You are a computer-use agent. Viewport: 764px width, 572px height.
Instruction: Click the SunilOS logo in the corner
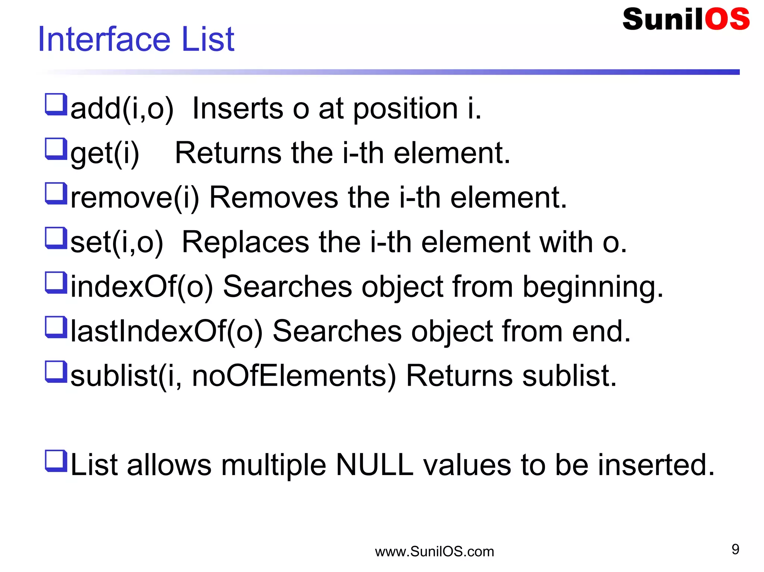click(686, 19)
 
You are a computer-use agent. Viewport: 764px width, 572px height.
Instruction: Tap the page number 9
click(735, 549)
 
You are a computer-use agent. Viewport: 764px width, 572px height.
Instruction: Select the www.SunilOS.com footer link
click(434, 552)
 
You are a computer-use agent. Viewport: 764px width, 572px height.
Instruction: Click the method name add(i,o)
click(122, 109)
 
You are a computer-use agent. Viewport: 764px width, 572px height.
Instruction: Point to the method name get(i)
click(105, 154)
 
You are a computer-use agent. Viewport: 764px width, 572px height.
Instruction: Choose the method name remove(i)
click(135, 197)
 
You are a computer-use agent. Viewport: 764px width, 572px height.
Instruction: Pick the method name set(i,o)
click(117, 242)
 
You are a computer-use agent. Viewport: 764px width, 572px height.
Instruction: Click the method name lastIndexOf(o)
click(166, 331)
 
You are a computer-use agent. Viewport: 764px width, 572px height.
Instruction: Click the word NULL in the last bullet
click(375, 465)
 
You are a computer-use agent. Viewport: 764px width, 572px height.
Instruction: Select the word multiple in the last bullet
click(273, 466)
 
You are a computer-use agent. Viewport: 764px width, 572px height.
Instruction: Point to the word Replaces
click(245, 242)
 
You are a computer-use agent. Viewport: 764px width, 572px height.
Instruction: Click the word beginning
click(593, 288)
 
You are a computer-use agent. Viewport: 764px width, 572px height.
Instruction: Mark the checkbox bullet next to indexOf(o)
click(56, 282)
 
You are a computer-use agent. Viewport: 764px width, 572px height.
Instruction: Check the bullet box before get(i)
click(56, 149)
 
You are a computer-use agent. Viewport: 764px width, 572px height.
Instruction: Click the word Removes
click(274, 197)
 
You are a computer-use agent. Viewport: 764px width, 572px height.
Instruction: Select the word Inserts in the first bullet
click(238, 109)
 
